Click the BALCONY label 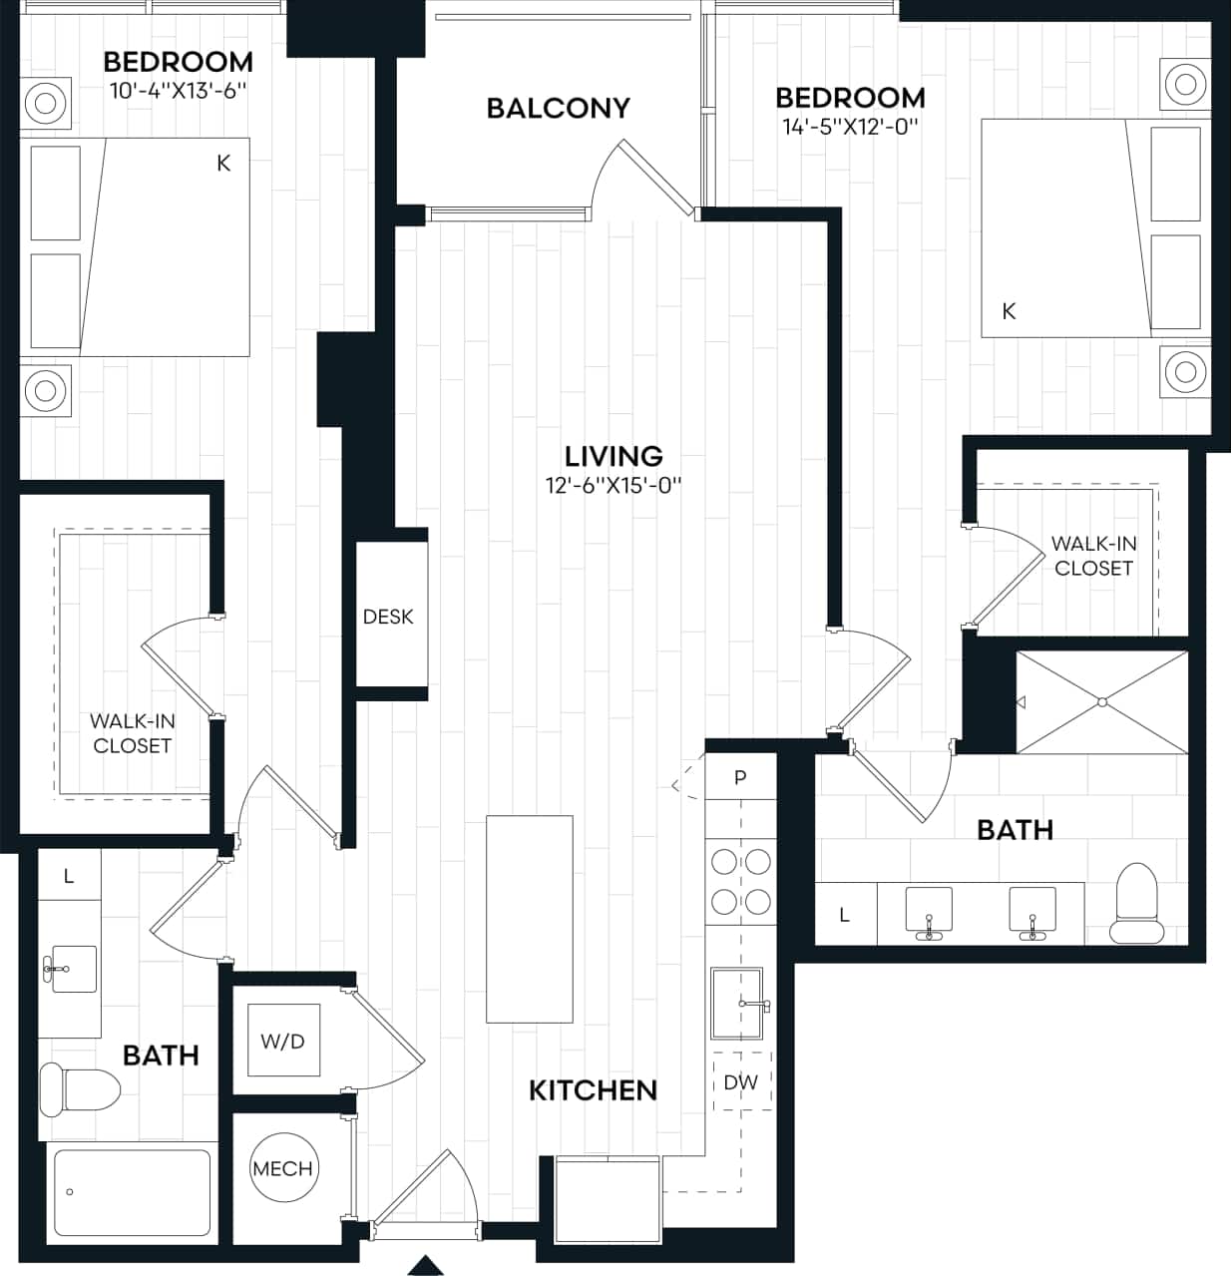pos(558,108)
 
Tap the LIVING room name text pos(614,456)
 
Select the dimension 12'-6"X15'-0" pos(614,486)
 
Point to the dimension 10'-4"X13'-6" pos(178,90)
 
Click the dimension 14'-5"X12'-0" pos(849,127)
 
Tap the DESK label pos(388,617)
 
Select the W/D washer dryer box pos(283,1042)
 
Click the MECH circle pos(282,1168)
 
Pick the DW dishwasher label pos(741,1081)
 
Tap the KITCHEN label pos(593,1090)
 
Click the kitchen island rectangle pos(530,919)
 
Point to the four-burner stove pos(740,881)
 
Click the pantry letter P pos(740,778)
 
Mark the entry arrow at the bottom pos(426,1265)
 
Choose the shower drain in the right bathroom pos(1102,701)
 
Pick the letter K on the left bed pos(223,163)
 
